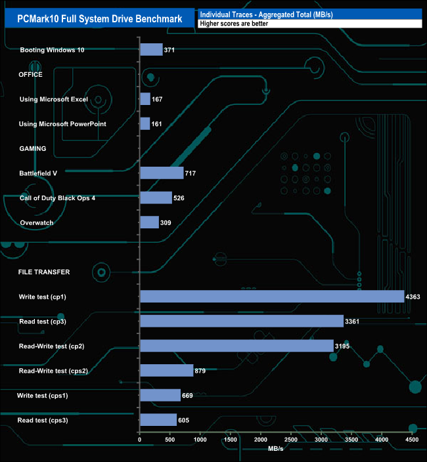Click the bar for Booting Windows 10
click(x=151, y=50)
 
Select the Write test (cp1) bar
click(x=272, y=297)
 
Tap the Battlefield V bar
click(x=162, y=173)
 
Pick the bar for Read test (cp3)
click(x=242, y=322)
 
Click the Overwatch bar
click(x=149, y=222)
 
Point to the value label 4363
click(x=415, y=297)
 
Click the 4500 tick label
click(x=412, y=439)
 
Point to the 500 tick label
click(x=170, y=439)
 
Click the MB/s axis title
click(x=276, y=450)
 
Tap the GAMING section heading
click(x=32, y=149)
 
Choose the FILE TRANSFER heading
click(x=44, y=272)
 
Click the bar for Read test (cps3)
click(x=158, y=420)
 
